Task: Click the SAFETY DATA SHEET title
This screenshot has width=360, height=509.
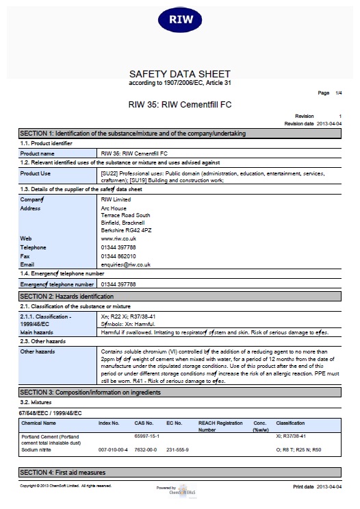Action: (180, 74)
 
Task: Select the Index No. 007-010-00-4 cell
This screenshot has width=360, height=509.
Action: (112, 449)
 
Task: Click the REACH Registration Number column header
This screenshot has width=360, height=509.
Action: (220, 427)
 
